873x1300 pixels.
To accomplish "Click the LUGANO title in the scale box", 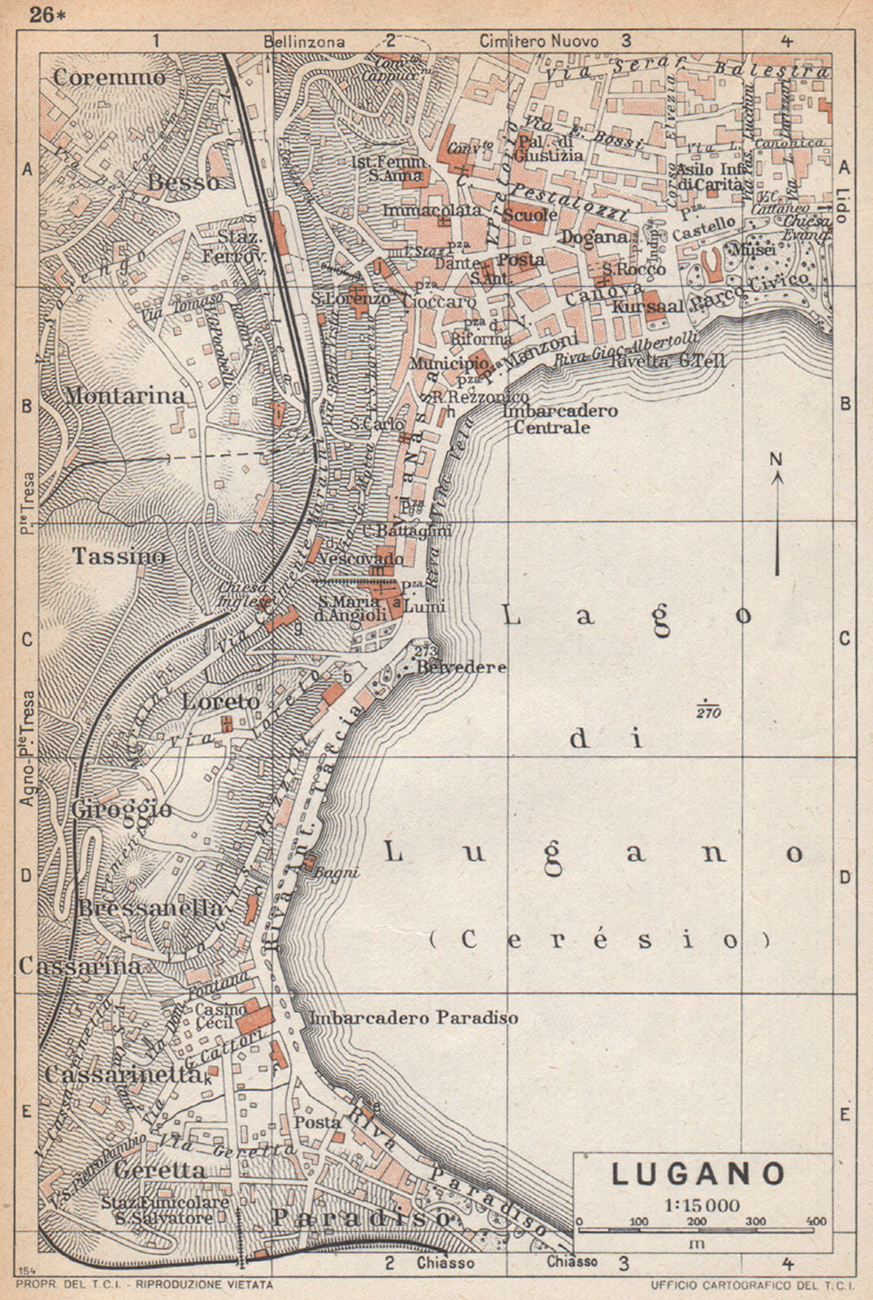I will pos(698,1173).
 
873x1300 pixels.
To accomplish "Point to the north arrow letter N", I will pos(776,460).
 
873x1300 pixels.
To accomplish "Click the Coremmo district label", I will pos(110,77).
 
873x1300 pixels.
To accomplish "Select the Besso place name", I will pos(185,182).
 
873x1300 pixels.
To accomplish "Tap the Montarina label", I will pos(125,396).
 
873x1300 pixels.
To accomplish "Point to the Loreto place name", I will pos(220,701).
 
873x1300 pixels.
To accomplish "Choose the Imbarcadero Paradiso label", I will pos(414,1017).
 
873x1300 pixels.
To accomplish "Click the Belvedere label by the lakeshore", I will pos(461,667).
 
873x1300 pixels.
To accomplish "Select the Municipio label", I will pos(449,363).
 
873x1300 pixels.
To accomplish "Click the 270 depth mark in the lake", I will pos(707,713).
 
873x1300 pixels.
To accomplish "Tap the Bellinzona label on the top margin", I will pos(304,41).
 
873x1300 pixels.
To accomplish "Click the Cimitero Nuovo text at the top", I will pos(538,41).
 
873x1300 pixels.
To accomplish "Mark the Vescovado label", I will pos(360,560).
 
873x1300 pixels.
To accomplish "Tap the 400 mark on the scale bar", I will pos(815,1221).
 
